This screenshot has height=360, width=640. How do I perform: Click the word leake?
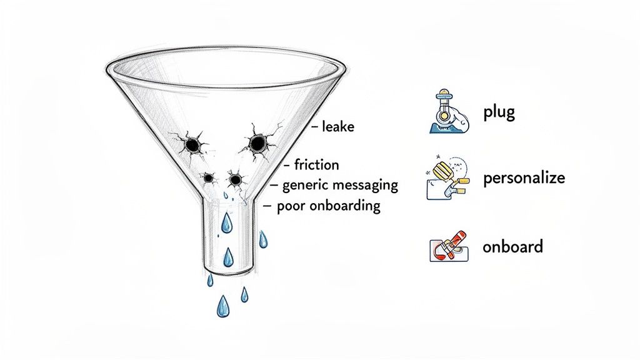click(337, 127)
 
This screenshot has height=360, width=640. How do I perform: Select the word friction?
click(316, 165)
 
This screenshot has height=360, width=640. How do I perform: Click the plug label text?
click(498, 113)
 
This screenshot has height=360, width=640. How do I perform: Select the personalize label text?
click(524, 178)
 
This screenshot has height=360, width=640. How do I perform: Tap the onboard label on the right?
click(512, 246)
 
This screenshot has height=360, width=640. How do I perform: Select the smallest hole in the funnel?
click(209, 178)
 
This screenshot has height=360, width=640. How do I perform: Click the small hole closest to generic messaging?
click(235, 180)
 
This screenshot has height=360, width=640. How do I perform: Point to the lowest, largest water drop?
click(222, 306)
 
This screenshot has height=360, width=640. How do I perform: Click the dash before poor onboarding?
click(267, 206)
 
